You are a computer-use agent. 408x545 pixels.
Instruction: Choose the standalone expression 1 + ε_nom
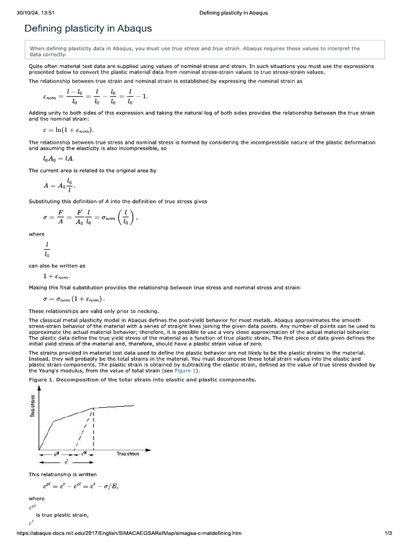(x=56, y=276)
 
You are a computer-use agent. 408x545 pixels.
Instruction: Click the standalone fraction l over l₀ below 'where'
(x=48, y=250)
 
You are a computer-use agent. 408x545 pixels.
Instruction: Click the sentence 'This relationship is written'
(x=63, y=474)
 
